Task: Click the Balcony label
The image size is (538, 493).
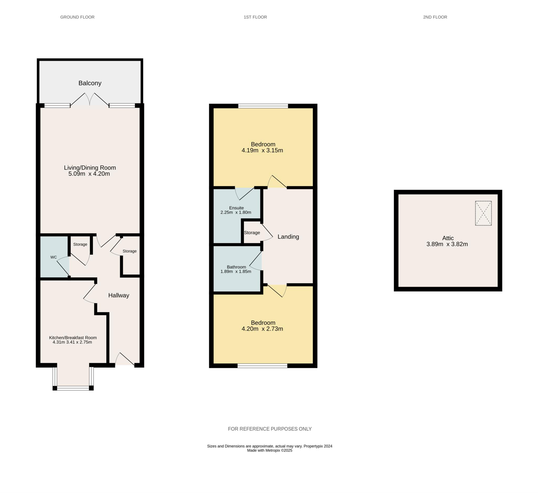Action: coord(90,83)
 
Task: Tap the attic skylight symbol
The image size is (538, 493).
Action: coord(483,213)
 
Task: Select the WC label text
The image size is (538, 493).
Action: coord(54,257)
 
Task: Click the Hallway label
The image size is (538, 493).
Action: coord(119,295)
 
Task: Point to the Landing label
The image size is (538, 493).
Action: coord(288,237)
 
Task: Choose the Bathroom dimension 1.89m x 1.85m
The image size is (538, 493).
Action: coord(236,272)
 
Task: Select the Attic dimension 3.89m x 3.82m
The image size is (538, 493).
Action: coord(447,244)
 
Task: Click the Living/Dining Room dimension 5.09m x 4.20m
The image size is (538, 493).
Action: coord(89,174)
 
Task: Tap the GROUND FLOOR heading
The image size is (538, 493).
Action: coord(77,17)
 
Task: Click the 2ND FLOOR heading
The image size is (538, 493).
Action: coord(435,17)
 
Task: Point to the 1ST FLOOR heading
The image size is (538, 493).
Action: coord(255,17)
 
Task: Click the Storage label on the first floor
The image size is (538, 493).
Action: coord(252,233)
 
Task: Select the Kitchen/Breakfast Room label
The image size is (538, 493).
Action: coord(73,338)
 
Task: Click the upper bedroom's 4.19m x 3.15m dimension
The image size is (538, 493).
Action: coord(262,150)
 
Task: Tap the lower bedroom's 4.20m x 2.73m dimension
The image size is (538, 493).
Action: coord(262,329)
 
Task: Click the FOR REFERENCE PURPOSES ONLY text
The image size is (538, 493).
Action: coord(270,429)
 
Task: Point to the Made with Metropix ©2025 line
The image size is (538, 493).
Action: coord(270,450)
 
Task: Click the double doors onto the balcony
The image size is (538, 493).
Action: coord(89,100)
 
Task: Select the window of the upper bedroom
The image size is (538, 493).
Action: coord(263,106)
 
